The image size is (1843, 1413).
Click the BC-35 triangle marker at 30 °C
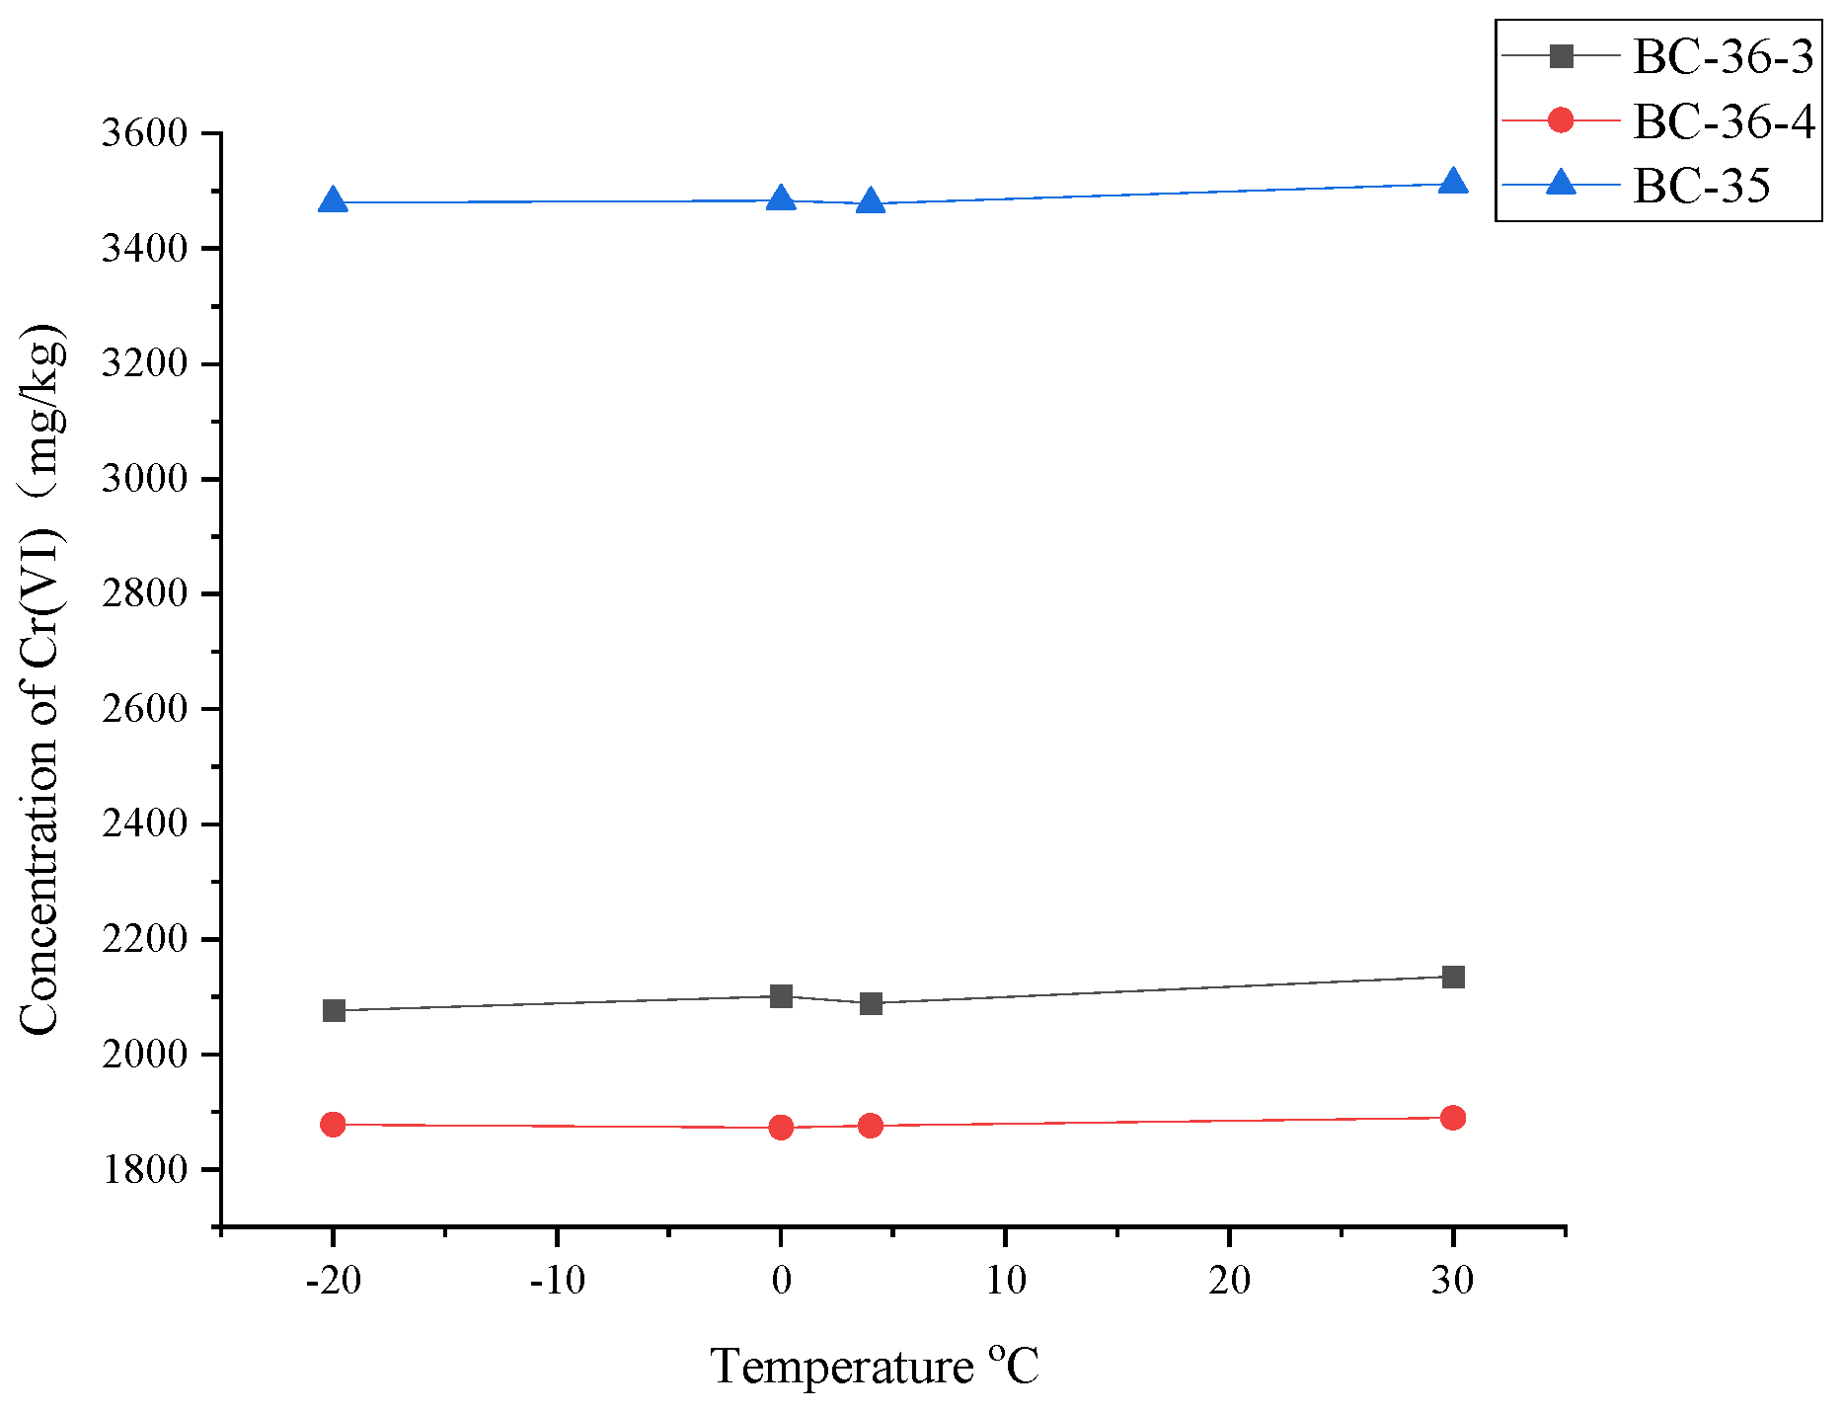pos(1452,183)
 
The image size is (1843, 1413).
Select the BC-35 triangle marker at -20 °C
pos(334,201)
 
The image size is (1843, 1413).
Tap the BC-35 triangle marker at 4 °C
pos(870,202)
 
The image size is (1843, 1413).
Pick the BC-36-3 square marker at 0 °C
pos(781,995)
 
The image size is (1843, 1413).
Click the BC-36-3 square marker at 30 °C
pos(1452,977)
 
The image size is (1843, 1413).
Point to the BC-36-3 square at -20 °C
pos(334,1010)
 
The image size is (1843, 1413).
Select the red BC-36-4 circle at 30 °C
pos(1452,1118)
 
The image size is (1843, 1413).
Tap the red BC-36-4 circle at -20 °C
pos(334,1124)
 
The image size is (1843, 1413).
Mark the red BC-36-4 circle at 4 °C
pos(870,1126)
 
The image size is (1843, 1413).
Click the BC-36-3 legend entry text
pos(1723,57)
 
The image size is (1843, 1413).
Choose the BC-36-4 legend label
pos(1723,121)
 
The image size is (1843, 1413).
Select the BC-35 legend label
pos(1701,186)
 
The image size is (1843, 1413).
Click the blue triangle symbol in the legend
pos(1561,183)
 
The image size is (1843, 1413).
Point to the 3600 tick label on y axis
pos(144,133)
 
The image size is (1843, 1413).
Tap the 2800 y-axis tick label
pos(144,593)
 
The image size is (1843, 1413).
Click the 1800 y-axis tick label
pos(144,1170)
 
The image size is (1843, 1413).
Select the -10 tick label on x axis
pos(557,1282)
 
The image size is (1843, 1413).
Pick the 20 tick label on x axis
pos(1229,1282)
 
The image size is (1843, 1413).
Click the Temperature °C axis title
pos(874,1368)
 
